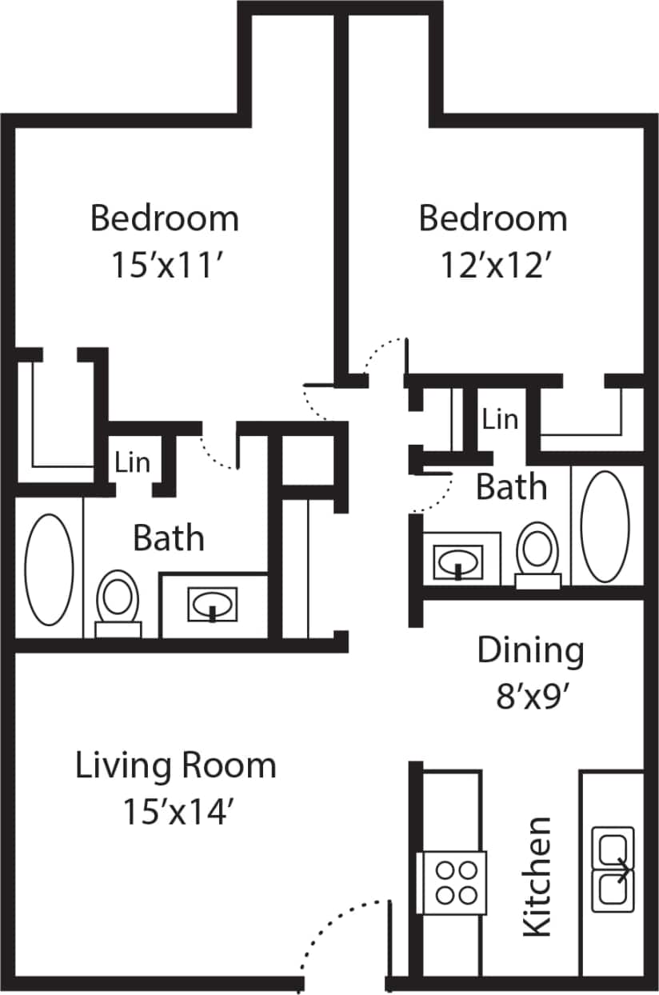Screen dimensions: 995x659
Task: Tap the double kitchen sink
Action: click(x=613, y=870)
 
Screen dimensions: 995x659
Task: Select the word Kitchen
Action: click(x=537, y=876)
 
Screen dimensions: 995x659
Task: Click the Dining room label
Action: click(x=530, y=651)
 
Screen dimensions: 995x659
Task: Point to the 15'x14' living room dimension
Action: click(x=177, y=812)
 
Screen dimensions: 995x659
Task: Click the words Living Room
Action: click(x=176, y=765)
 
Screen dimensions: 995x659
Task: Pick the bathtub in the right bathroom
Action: click(x=605, y=525)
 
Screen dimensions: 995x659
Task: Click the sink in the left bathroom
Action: click(x=212, y=604)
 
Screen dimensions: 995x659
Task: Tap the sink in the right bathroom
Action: click(x=458, y=561)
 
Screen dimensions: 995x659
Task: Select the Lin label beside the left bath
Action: click(x=133, y=462)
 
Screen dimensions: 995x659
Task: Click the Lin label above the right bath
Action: click(x=501, y=418)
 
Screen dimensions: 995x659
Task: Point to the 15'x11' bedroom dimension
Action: click(x=165, y=265)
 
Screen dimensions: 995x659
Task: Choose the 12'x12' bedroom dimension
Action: click(x=493, y=265)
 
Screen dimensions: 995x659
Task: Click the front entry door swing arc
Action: click(x=340, y=932)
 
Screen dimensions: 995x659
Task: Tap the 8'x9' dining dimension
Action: click(x=530, y=697)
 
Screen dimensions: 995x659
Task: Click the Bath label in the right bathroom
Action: click(x=512, y=487)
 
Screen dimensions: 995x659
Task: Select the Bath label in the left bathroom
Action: click(x=168, y=537)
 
